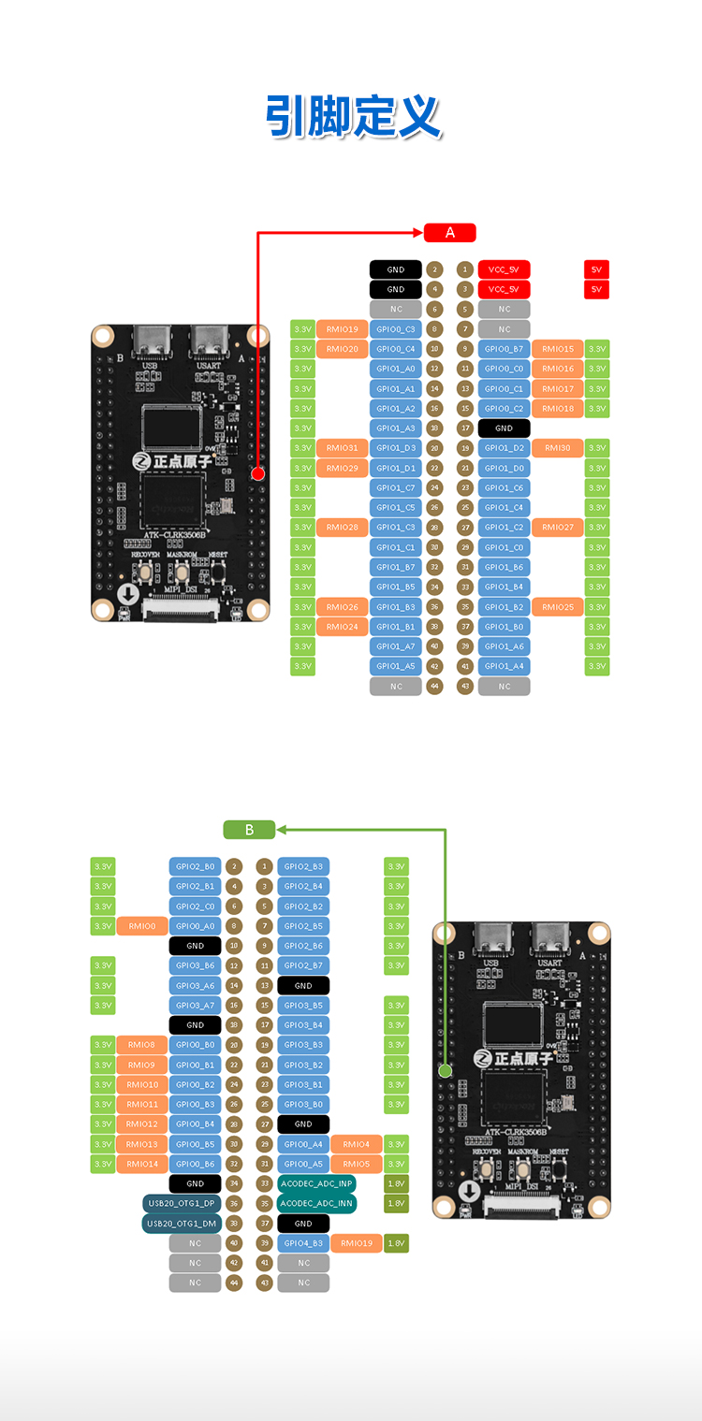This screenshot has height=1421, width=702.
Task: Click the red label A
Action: tap(450, 233)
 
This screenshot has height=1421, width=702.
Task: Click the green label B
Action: tap(249, 830)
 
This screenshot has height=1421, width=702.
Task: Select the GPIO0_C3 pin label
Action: tap(396, 329)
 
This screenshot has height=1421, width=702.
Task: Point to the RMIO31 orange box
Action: tap(343, 448)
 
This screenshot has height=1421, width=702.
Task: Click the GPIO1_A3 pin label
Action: tap(396, 428)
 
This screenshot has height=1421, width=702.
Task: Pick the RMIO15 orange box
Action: tap(558, 349)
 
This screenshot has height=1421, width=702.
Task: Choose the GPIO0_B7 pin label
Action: tap(505, 349)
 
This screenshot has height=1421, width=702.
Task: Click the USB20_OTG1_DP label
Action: tap(182, 1203)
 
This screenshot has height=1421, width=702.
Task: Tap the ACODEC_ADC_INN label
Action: tap(317, 1203)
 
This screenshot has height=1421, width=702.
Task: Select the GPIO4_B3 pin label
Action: tap(303, 1243)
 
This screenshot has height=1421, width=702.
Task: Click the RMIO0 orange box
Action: tap(141, 926)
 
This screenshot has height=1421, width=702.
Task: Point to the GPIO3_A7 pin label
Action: tap(195, 1006)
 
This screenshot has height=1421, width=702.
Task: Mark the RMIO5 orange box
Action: tap(356, 1164)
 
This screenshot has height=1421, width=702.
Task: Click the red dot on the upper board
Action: tap(258, 474)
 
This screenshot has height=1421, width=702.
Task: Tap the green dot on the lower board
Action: tap(446, 1070)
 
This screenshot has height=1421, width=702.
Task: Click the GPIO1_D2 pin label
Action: tap(505, 448)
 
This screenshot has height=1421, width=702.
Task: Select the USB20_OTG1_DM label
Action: tap(182, 1223)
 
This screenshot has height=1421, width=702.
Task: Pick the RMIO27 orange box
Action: tap(558, 528)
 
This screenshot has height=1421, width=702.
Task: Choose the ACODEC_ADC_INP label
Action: tap(317, 1183)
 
